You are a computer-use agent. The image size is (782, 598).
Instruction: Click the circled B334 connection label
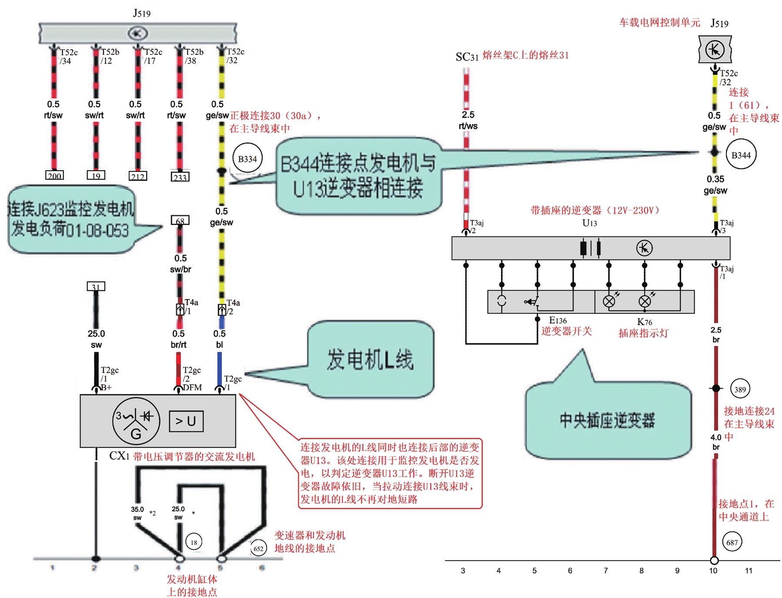pyautogui.click(x=247, y=159)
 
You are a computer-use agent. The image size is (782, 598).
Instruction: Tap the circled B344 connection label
pyautogui.click(x=741, y=155)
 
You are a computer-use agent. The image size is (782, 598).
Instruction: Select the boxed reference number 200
pyautogui.click(x=55, y=176)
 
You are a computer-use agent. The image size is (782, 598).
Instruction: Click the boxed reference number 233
pyautogui.click(x=180, y=177)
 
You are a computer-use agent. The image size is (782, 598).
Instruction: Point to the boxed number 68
pyautogui.click(x=180, y=221)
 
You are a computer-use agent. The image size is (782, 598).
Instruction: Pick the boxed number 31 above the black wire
pyautogui.click(x=96, y=287)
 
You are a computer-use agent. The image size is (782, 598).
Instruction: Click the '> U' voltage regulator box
pyautogui.click(x=186, y=421)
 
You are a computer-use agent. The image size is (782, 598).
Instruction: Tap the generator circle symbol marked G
pyautogui.click(x=136, y=421)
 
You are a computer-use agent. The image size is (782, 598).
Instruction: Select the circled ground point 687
pyautogui.click(x=732, y=542)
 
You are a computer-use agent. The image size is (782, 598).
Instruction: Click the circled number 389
pyautogui.click(x=740, y=389)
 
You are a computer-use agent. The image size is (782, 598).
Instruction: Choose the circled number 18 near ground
pyautogui.click(x=194, y=542)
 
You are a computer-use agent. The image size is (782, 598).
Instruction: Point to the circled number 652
pyautogui.click(x=258, y=548)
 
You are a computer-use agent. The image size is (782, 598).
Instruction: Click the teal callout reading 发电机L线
pyautogui.click(x=371, y=359)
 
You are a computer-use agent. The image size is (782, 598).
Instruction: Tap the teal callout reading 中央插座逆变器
pyautogui.click(x=608, y=420)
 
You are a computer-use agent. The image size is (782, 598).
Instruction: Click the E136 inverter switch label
pyautogui.click(x=558, y=321)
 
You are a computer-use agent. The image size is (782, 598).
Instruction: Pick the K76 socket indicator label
pyautogui.click(x=645, y=322)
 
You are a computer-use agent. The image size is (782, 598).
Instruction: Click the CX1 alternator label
pyautogui.click(x=119, y=456)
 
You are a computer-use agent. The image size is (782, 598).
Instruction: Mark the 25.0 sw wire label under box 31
pyautogui.click(x=96, y=339)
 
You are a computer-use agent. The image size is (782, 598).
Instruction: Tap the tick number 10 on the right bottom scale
pyautogui.click(x=713, y=571)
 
